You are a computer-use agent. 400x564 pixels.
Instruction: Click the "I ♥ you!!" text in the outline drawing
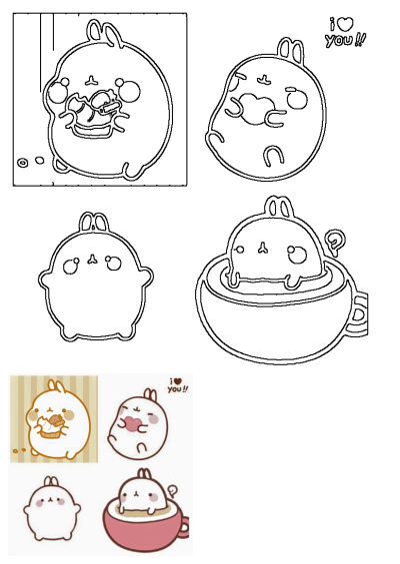pyautogui.click(x=345, y=32)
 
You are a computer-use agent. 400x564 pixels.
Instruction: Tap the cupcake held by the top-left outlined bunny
pyautogui.click(x=93, y=111)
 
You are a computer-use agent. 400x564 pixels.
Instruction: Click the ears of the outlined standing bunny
pyautogui.click(x=92, y=223)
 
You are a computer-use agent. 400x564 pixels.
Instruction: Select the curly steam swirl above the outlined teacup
pyautogui.click(x=336, y=240)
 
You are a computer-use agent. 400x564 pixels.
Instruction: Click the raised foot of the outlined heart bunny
pyautogui.click(x=271, y=154)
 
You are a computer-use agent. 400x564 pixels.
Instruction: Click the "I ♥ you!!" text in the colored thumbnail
pyautogui.click(x=176, y=385)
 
